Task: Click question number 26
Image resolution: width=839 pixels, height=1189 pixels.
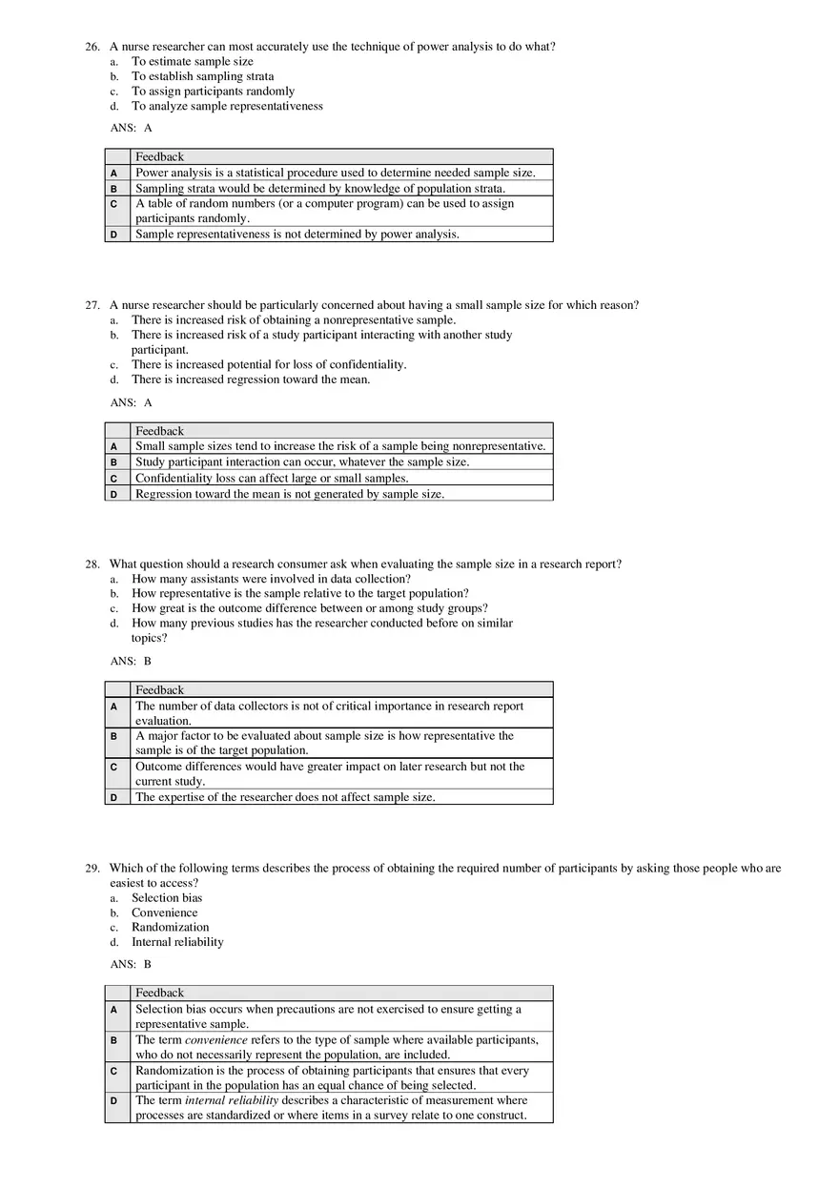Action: (92, 47)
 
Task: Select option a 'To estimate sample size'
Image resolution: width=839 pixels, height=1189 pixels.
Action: (192, 62)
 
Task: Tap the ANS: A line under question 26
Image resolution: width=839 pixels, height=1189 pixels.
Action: (132, 128)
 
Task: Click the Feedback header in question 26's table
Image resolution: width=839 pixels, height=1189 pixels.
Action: (159, 157)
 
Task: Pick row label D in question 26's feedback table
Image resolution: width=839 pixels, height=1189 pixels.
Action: (114, 235)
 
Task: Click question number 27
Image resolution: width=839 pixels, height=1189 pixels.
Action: (92, 305)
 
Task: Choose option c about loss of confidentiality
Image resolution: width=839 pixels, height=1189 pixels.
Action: (268, 364)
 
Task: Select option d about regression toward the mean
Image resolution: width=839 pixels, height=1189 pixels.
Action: (250, 379)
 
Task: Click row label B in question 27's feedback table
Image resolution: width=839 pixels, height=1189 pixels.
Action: (114, 462)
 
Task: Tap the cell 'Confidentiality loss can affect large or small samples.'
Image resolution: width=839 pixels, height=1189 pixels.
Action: (272, 479)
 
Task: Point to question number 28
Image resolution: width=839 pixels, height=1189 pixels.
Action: (92, 564)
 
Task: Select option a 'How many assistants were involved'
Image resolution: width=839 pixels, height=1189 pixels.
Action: (271, 579)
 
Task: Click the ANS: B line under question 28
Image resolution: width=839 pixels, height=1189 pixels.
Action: (132, 661)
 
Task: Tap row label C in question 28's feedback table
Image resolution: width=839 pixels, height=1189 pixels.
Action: (114, 767)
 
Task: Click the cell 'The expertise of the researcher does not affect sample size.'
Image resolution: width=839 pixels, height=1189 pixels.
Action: (285, 797)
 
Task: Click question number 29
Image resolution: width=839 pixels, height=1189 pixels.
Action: (92, 869)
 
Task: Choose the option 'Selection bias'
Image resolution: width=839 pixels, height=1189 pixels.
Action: (167, 898)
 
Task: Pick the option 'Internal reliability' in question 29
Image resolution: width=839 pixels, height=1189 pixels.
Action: (177, 942)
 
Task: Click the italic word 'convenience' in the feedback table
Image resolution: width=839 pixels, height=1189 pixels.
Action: (216, 1040)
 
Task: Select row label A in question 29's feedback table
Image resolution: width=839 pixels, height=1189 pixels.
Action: (114, 1009)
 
